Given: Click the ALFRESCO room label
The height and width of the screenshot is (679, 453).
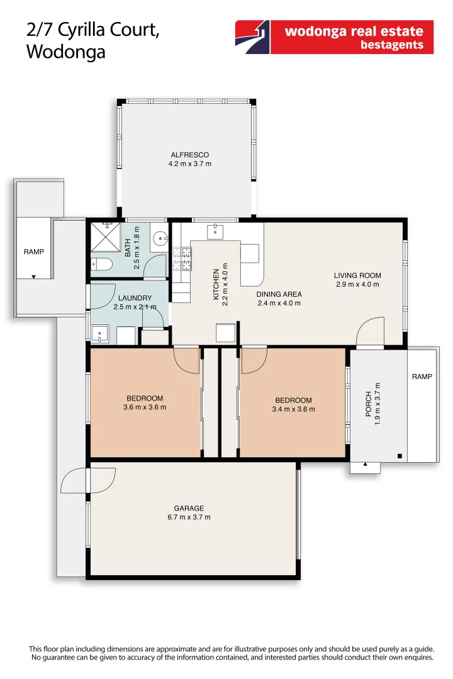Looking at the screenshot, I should [x=189, y=155].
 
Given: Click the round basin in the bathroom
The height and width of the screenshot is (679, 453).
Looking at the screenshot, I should [x=161, y=238].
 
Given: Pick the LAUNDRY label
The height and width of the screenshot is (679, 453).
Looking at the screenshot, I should [x=135, y=298].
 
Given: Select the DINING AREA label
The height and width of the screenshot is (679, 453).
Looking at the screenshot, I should [x=279, y=294].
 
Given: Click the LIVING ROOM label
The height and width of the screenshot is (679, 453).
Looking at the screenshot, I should [x=357, y=275].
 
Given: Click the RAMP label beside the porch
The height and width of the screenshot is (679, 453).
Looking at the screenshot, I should [x=422, y=377].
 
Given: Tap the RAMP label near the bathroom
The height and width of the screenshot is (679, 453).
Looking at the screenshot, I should [x=34, y=251].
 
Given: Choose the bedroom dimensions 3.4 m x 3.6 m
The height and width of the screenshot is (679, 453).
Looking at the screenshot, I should [x=293, y=409].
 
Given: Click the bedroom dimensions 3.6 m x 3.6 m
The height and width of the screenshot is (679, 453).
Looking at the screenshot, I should [x=145, y=407].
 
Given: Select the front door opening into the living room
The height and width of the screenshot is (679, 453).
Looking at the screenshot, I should [x=371, y=331].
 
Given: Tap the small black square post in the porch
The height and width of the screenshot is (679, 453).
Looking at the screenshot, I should [x=400, y=456].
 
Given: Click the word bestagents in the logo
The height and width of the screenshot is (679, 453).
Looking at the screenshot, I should [x=391, y=45].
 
